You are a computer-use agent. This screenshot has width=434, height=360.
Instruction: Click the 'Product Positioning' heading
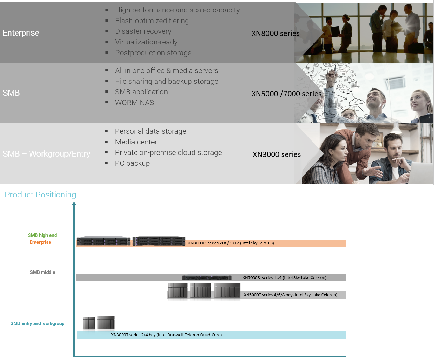point(40,195)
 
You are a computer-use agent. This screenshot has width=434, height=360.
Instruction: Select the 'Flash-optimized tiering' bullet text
point(152,21)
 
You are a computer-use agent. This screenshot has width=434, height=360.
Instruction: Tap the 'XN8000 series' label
point(275,33)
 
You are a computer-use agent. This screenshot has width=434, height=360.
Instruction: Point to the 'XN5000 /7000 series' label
point(286,94)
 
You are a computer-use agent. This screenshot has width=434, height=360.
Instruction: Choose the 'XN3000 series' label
point(277,154)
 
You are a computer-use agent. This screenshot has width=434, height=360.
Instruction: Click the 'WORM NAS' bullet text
point(135,103)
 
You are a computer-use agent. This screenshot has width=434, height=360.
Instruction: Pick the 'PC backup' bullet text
point(132,163)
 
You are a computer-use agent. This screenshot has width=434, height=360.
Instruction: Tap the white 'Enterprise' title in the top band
point(21,33)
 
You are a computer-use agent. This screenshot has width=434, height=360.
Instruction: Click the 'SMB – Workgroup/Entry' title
point(46,154)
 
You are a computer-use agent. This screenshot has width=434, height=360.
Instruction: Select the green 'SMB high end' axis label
point(43,235)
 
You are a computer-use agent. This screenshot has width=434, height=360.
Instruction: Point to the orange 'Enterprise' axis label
point(40,242)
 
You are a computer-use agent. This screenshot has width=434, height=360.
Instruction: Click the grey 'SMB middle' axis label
point(43,272)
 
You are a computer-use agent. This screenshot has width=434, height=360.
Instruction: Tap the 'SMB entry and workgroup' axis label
point(37,323)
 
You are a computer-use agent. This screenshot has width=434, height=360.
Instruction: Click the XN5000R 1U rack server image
point(207,277)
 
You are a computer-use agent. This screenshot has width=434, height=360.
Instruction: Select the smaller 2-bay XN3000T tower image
point(89,323)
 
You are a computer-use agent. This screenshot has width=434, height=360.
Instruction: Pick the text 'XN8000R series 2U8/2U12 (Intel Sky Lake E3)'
point(231,243)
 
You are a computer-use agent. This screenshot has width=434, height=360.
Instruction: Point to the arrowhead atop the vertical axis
point(74,203)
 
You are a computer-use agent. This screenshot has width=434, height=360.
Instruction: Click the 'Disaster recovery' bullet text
point(143,31)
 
